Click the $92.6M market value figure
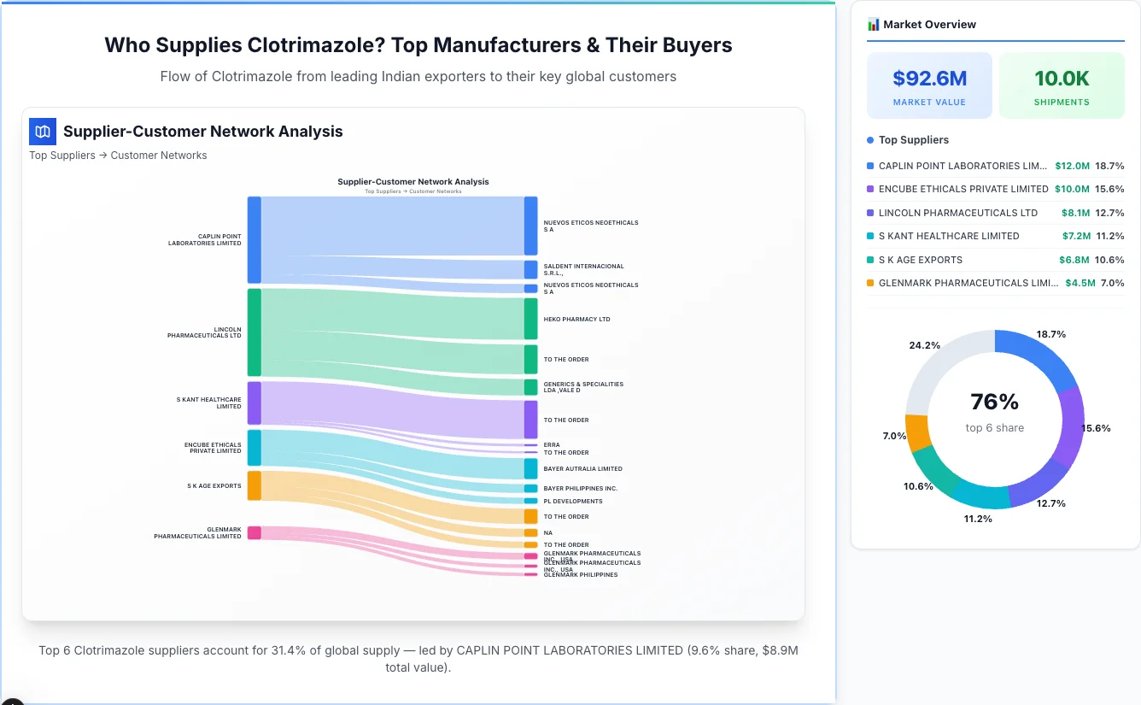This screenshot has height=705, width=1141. point(929,79)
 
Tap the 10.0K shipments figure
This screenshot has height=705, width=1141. point(1062,79)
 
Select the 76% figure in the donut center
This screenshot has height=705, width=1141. point(995,402)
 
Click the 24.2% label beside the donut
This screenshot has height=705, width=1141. point(925,345)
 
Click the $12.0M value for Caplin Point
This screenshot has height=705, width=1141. point(1072,166)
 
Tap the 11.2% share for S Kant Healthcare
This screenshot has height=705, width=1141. point(1109,236)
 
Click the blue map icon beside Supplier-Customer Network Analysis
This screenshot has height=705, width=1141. point(43,132)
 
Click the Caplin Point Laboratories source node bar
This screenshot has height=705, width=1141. point(255,239)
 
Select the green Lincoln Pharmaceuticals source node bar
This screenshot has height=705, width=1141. point(255,332)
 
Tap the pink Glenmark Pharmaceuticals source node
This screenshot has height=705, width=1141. point(255,532)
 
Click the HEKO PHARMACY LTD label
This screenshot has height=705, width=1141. point(576,320)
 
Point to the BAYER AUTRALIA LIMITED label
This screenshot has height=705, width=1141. point(582,469)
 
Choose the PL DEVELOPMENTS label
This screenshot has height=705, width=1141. point(572,502)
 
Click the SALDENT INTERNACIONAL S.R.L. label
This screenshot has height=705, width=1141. point(583,270)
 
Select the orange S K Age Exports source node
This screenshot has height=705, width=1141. point(255,485)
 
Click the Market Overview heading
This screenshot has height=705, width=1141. point(929,25)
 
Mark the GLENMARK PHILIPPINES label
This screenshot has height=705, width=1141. point(580,575)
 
